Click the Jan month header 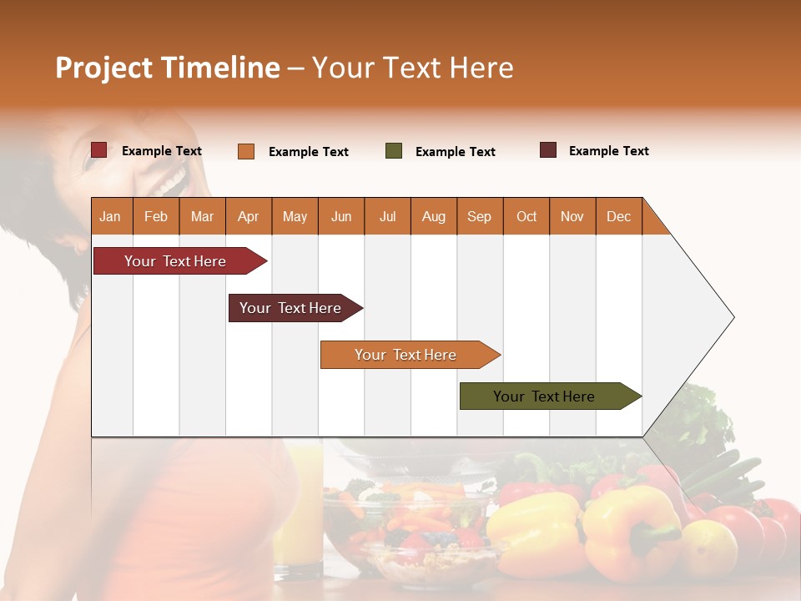pos(111,216)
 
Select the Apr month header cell pos(249,216)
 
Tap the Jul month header pos(387,216)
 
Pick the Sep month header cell pos(480,216)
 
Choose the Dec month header pos(618,216)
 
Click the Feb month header pos(156,216)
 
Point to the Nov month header pos(572,216)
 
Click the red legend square pos(98,150)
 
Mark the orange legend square pos(246,151)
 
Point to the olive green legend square pos(394,151)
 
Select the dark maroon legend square pos(548,150)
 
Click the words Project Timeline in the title pos(167,68)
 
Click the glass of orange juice pos(299,509)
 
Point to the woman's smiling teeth pos(174,180)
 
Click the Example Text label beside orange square pos(308,152)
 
